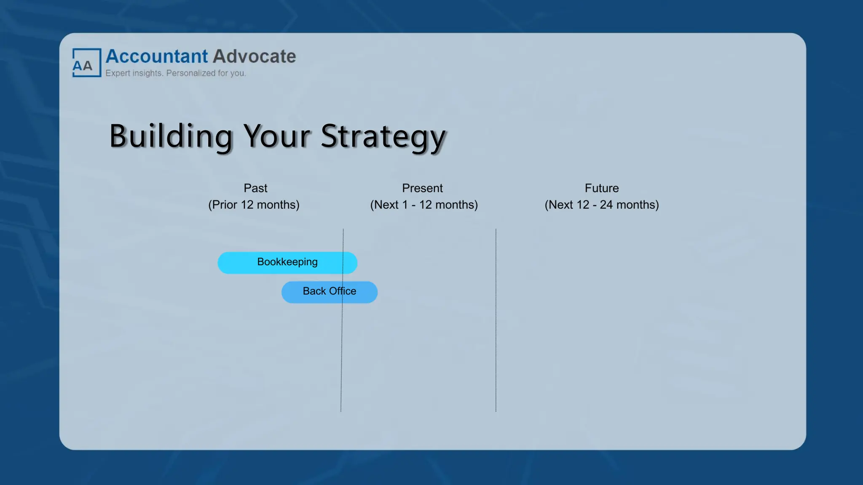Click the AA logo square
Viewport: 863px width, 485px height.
(86, 63)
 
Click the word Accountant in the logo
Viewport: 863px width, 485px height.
(156, 56)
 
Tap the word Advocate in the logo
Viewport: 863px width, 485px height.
(254, 56)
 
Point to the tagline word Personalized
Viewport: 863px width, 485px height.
(191, 73)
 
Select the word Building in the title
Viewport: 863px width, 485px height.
(171, 136)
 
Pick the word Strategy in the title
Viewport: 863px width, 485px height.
(383, 136)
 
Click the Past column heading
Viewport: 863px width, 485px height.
(255, 188)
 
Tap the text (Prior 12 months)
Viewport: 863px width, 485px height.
(254, 205)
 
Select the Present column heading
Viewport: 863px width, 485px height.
(422, 188)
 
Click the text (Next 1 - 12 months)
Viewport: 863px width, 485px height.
(424, 205)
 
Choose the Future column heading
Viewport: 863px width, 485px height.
(601, 188)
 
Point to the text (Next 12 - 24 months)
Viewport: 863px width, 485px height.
(601, 205)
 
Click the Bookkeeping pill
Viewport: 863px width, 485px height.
(287, 263)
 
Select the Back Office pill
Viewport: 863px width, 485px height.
(329, 292)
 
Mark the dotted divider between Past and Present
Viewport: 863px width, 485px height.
(341, 358)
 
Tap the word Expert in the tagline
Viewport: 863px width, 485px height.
(118, 73)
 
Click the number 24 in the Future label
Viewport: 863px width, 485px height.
(606, 205)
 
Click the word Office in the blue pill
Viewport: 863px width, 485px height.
(343, 291)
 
